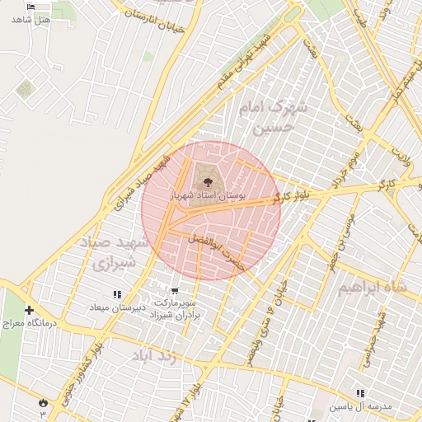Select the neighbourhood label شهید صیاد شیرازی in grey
(x=115, y=254)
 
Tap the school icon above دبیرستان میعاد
(x=117, y=294)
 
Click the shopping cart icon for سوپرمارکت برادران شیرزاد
(x=175, y=291)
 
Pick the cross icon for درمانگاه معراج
(x=30, y=311)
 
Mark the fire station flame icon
(x=43, y=401)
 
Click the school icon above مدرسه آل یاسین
(x=360, y=393)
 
